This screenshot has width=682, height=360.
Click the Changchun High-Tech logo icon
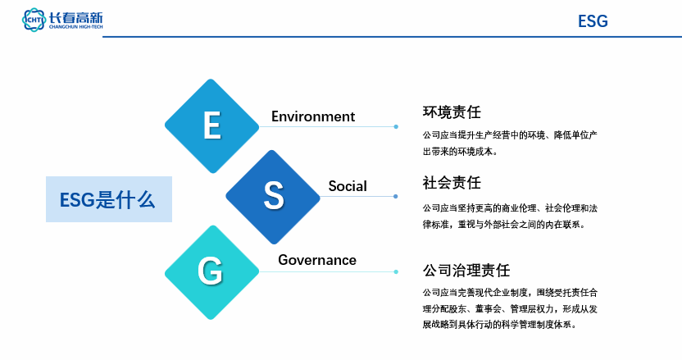34,20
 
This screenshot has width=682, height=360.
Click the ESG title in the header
593,21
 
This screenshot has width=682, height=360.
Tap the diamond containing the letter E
211,126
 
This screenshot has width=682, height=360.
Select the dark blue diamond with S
273,197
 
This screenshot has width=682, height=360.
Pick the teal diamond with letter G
211,272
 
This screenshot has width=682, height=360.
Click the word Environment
313,116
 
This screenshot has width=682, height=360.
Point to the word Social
348,186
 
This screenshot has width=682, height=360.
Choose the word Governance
317,260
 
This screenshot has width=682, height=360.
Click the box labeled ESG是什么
109,199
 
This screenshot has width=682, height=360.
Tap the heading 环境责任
452,112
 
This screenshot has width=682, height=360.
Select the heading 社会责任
452,182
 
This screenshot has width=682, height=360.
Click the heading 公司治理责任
466,271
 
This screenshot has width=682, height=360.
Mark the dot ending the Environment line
396,126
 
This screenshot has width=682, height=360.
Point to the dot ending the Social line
395,196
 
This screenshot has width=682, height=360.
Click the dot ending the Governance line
396,272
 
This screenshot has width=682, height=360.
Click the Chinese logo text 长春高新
75,17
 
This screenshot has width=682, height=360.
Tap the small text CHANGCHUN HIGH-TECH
75,27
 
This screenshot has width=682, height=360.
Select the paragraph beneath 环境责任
510,144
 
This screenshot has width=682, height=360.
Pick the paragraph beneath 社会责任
510,216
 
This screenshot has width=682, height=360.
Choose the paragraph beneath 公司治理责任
510,308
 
